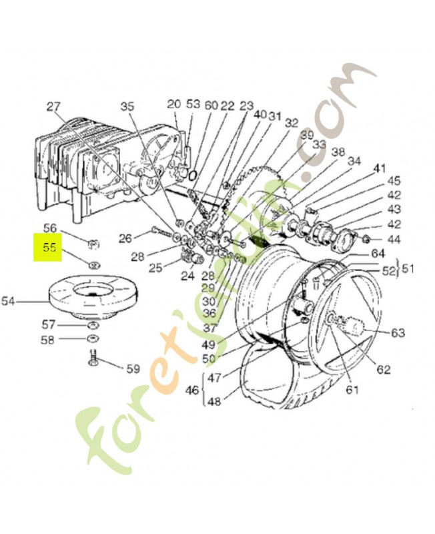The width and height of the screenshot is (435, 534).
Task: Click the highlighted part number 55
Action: (49, 248)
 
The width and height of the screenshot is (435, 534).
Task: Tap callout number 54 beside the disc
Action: (8, 301)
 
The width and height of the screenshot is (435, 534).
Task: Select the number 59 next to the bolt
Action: (133, 368)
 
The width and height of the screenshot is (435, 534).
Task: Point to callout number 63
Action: (398, 332)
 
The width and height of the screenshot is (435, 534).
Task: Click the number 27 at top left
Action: (53, 107)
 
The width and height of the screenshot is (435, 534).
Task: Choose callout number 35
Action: (127, 106)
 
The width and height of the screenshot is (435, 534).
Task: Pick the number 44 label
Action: (394, 240)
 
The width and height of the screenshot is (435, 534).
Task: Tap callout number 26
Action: (125, 238)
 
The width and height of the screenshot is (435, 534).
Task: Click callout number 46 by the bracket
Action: (192, 390)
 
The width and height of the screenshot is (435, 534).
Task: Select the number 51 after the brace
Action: (407, 269)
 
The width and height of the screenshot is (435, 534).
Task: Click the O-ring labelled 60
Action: (192, 175)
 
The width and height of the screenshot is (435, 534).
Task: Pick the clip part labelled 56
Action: (93, 244)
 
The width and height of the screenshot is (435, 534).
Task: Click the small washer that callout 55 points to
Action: (93, 264)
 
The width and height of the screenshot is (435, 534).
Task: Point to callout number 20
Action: (173, 104)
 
